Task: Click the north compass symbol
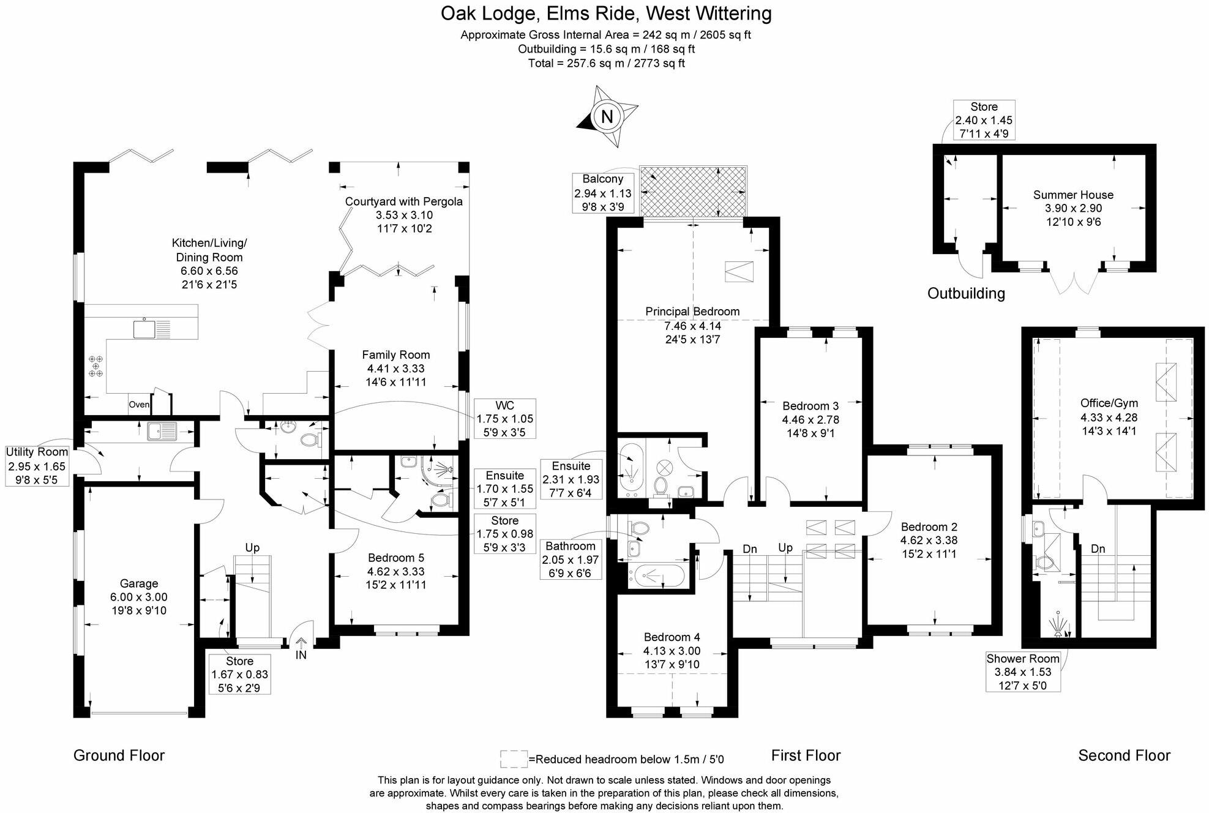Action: coord(607,116)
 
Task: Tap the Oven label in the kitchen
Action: coord(139,405)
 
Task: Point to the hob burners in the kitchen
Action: coord(96,366)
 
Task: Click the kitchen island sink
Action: coord(144,329)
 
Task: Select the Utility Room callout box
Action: coord(37,465)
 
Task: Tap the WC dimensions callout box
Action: coord(504,419)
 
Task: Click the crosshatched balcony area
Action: coord(693,191)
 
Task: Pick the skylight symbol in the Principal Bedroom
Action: coord(739,271)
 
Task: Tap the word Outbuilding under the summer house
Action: coord(966,293)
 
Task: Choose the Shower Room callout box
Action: coord(1022,672)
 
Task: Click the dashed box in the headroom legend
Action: coord(513,759)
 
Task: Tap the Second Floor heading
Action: coord(1124,755)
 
